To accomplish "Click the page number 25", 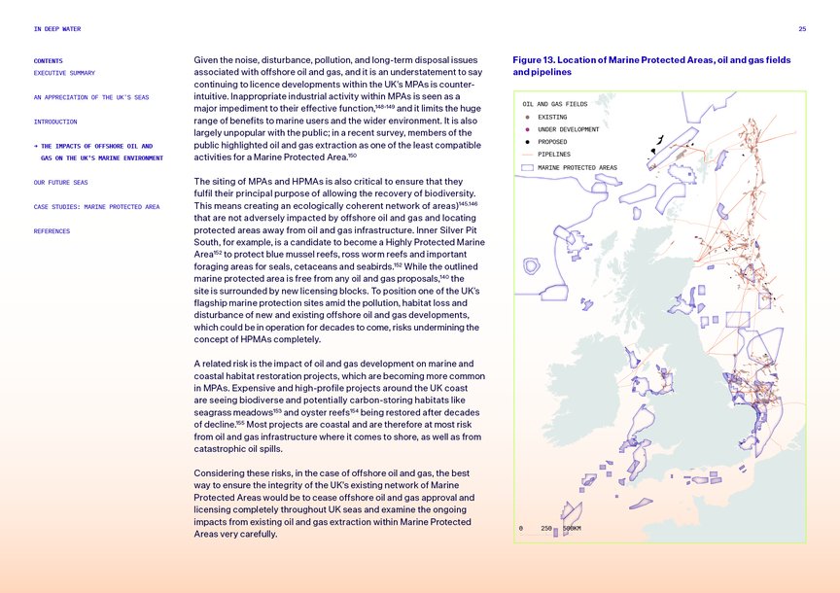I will tap(802, 29).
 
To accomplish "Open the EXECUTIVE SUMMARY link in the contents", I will tap(64, 73).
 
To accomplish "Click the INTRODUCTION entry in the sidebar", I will tap(54, 122).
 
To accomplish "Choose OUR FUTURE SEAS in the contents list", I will tap(60, 182).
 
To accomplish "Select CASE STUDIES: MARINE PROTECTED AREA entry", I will tap(96, 206).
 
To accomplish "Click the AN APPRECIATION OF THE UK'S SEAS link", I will tap(91, 97).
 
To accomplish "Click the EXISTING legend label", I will tap(552, 117).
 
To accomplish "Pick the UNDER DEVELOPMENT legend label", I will tap(568, 129).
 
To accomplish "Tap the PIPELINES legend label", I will tap(554, 155).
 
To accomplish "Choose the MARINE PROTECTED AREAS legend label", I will tap(577, 167).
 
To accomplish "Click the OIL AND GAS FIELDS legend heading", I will tap(554, 104).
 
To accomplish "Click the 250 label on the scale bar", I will tap(546, 529).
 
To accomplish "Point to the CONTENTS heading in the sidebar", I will tap(49, 60).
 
